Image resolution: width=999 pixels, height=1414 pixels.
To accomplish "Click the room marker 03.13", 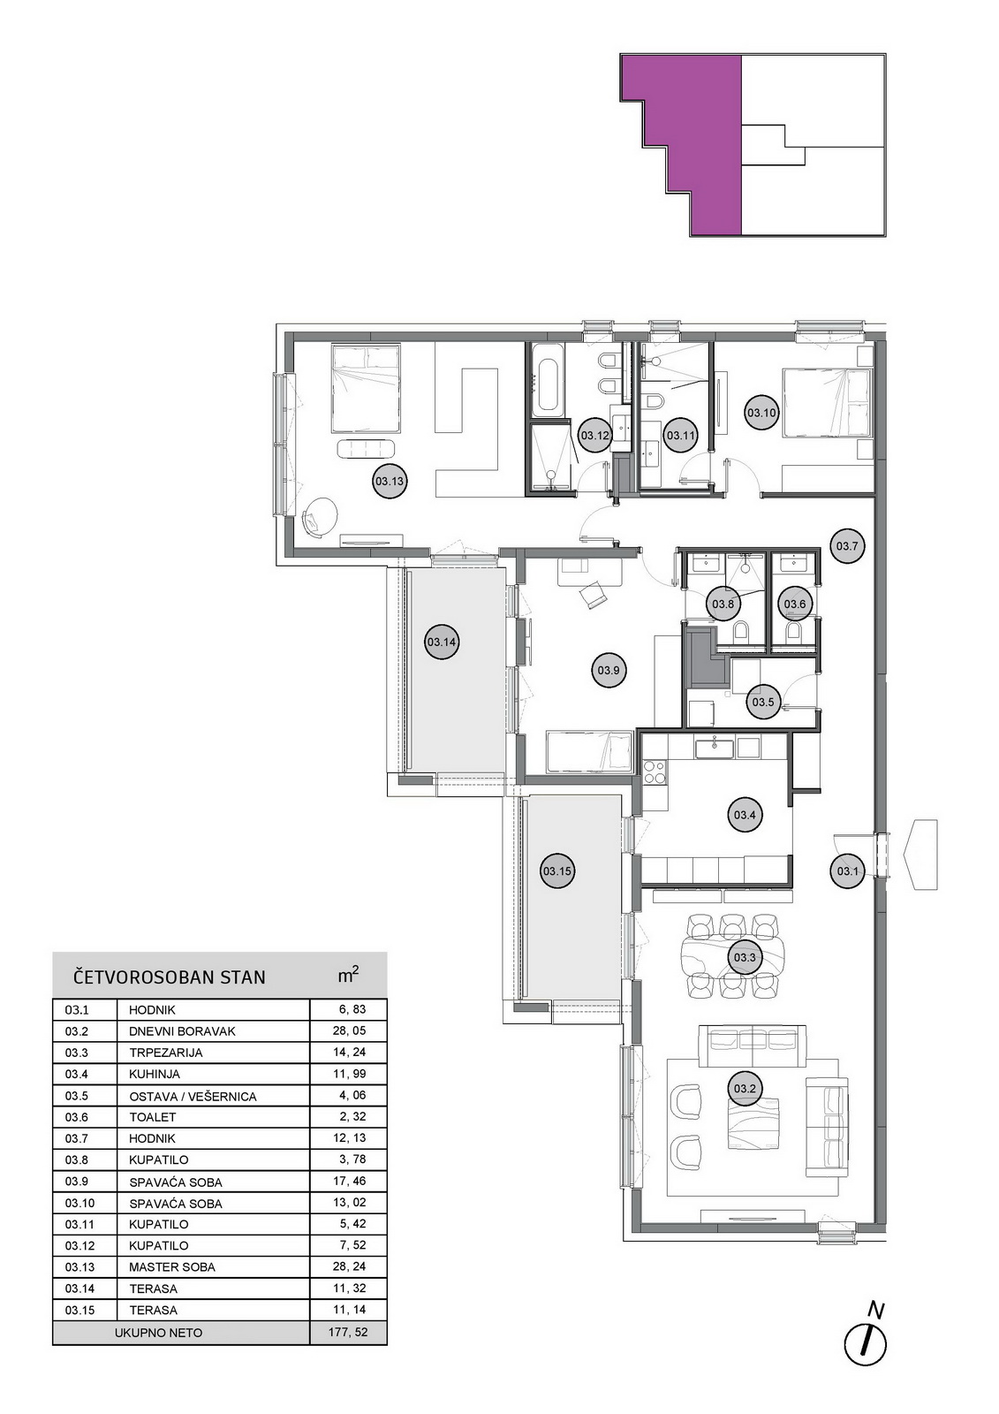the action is (390, 482).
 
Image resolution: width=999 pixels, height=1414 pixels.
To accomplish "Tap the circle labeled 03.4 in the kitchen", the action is (745, 815).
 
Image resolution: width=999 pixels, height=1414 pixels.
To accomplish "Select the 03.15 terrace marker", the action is (557, 871).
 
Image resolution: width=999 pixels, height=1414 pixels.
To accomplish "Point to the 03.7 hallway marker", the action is (847, 546).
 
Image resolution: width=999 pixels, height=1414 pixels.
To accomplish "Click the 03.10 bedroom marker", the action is (761, 414).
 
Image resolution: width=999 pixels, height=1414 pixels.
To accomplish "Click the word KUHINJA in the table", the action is (155, 1074).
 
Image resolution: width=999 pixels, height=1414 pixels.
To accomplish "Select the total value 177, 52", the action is (348, 1333).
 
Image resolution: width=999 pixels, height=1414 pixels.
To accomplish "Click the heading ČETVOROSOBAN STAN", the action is (170, 977).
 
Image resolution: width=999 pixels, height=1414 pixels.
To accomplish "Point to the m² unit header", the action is (348, 975).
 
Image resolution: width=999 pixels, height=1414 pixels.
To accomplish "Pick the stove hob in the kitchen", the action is (655, 772).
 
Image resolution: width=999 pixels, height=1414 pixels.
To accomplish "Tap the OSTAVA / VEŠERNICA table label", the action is (193, 1097).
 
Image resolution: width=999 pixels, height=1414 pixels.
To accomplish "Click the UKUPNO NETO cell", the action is (158, 1333).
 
